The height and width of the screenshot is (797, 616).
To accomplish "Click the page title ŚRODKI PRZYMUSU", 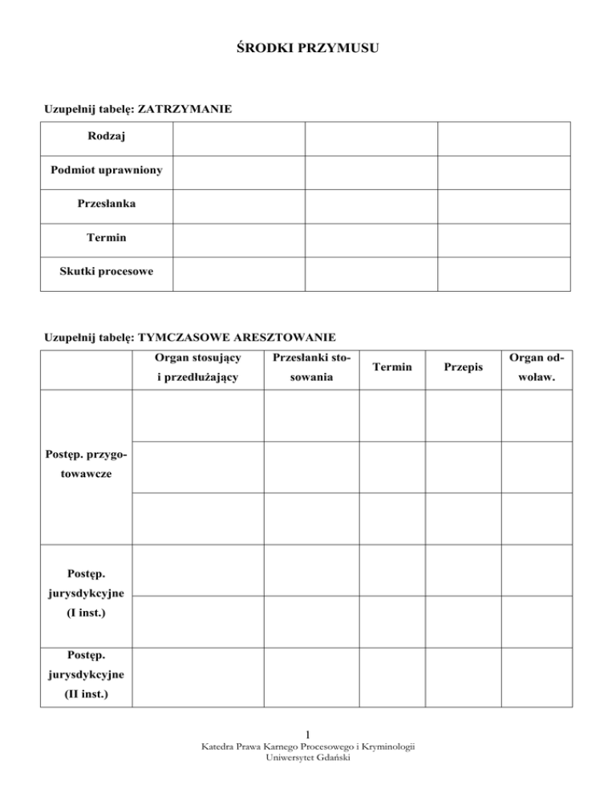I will pos(308,49).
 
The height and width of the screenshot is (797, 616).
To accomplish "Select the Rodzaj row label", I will pos(106,137).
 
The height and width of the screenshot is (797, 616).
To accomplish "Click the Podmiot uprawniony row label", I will pos(106,170).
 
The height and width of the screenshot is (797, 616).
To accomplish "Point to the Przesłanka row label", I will pos(106,204).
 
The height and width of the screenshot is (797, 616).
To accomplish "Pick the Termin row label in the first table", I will pos(106,237).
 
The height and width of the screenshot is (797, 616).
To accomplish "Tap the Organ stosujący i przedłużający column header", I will pos(197,366).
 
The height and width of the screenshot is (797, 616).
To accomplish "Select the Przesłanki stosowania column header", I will pos(312,366).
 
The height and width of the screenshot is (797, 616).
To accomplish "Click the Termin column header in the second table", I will pos(392,366).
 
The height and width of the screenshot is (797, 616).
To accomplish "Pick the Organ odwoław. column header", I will pos(537,366).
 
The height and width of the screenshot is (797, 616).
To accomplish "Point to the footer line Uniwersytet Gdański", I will pos(309,758).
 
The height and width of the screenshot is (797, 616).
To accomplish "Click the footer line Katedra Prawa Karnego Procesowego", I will pos(309,746).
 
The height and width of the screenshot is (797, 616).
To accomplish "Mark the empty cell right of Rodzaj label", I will pos(238,137).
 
